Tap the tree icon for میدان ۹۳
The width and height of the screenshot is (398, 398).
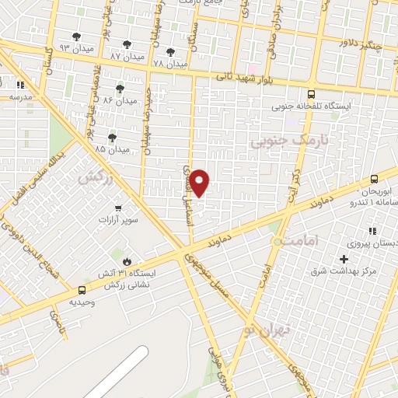(76, 37)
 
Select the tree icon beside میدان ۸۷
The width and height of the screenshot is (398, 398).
(127, 45)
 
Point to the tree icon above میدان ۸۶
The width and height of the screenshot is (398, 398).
(120, 89)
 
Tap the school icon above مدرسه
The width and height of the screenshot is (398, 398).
(20, 85)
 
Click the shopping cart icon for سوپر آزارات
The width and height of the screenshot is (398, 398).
(117, 208)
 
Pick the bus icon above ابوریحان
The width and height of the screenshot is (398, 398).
(374, 179)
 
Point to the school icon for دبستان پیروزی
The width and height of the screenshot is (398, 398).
(372, 231)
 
